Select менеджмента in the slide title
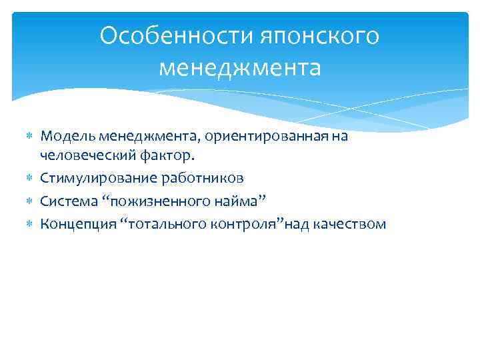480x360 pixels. pyautogui.click(x=240, y=68)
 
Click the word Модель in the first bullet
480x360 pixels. pyautogui.click(x=68, y=137)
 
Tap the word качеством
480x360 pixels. pyautogui.click(x=352, y=224)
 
